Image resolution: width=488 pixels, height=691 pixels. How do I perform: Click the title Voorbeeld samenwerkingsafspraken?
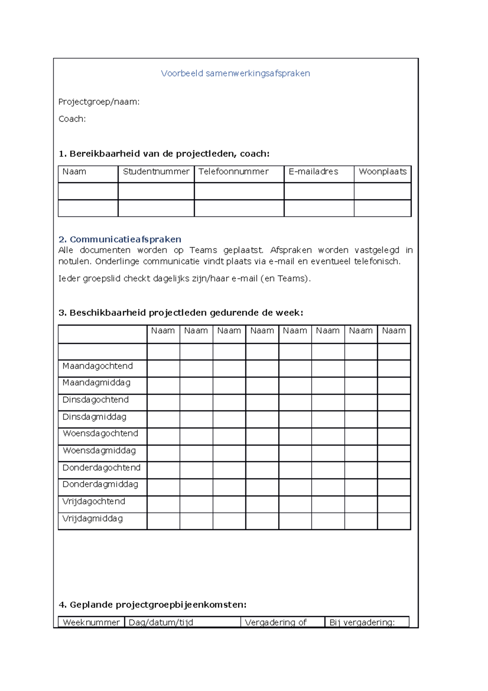235,74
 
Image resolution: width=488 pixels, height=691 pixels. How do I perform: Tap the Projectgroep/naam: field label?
99,102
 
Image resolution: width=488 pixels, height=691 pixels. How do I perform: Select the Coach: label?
72,119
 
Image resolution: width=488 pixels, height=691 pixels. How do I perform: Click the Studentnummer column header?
156,172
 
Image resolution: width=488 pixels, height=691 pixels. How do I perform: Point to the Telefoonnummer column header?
233,172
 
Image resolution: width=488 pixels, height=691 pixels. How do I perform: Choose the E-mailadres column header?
313,172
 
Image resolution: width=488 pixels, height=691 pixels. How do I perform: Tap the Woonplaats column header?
382,172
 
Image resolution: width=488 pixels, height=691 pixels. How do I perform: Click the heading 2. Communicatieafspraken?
120,239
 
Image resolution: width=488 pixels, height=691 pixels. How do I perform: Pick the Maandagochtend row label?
98,366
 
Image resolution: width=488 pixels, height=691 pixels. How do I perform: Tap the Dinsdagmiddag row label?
94,417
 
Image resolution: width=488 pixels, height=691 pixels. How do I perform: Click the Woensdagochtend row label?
100,433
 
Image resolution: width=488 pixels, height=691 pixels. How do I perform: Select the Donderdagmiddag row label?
100,484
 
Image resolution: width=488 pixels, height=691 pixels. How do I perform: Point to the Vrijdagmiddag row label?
92,518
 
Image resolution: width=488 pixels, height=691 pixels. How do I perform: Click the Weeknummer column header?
91,622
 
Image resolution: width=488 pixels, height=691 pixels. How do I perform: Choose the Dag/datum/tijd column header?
161,622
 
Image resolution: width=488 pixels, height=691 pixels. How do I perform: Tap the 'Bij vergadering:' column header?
362,622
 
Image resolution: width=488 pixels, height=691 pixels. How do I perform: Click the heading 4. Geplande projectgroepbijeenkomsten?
152,605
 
